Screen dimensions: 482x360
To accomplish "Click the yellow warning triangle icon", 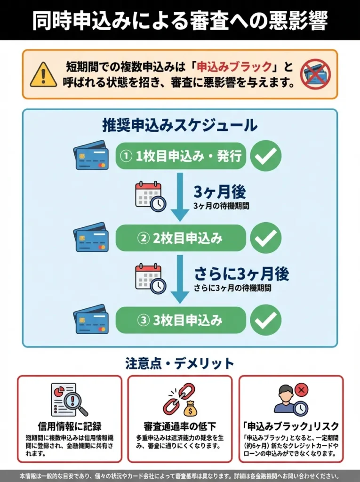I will [43, 75].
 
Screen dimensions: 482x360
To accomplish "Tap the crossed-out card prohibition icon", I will [316, 74].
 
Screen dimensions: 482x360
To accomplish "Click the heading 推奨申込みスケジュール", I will [180, 125].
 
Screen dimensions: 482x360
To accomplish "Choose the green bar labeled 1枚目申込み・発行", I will [181, 156].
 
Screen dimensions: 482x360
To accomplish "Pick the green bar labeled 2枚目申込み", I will [181, 238].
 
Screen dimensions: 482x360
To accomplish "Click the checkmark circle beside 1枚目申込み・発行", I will [265, 156].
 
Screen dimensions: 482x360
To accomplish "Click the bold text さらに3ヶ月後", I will [241, 273].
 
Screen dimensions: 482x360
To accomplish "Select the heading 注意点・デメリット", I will [180, 363].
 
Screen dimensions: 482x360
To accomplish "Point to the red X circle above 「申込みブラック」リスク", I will [301, 389].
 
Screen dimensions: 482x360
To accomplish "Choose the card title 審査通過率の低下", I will [180, 426].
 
